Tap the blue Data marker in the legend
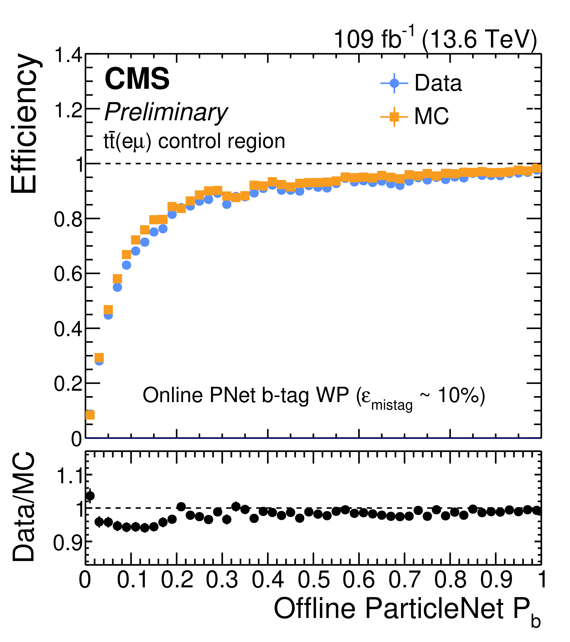tap(394, 83)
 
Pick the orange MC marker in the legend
tap(394, 117)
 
